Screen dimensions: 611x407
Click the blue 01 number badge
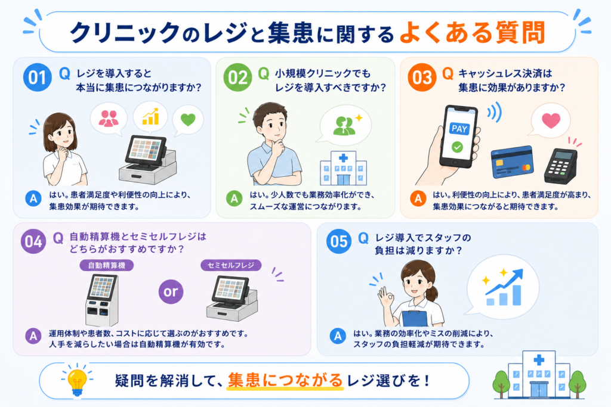[38, 77]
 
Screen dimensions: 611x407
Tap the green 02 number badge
[237, 77]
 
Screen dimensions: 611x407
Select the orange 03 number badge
[422, 77]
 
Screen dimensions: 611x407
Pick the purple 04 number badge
[33, 241]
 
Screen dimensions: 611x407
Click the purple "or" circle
[171, 291]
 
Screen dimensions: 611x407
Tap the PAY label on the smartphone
[459, 129]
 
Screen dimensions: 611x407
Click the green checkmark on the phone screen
[457, 147]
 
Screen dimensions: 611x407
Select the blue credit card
[512, 162]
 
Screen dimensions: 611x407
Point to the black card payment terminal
[560, 166]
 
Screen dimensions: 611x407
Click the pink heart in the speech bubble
[551, 120]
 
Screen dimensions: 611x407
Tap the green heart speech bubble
[188, 120]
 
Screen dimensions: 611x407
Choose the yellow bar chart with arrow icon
[150, 116]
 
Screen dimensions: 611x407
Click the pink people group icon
[109, 119]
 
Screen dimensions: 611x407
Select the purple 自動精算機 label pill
[107, 265]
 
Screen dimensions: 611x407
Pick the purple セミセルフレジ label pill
[231, 265]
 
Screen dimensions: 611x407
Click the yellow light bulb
[77, 381]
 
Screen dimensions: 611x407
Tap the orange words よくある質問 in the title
[472, 33]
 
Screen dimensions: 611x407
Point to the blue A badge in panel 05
[338, 336]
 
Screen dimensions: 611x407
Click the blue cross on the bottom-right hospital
[539, 359]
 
